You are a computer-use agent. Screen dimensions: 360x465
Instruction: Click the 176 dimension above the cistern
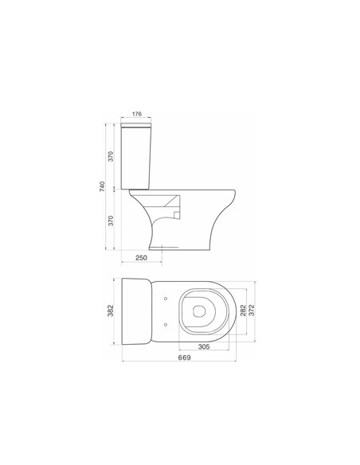click(137, 114)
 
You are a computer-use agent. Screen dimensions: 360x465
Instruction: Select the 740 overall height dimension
click(102, 186)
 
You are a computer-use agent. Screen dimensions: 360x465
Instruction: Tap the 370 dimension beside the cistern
click(111, 156)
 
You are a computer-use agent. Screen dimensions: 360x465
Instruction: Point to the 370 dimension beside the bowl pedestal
click(111, 221)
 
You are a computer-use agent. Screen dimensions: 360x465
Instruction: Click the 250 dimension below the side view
click(141, 258)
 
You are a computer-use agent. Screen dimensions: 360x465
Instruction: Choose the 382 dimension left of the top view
click(111, 311)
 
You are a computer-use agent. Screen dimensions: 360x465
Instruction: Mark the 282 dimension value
click(243, 311)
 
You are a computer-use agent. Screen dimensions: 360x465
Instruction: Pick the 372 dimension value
click(252, 311)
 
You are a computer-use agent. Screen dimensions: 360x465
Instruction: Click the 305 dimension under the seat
click(204, 346)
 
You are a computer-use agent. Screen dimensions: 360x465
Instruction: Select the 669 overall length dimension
click(184, 358)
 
